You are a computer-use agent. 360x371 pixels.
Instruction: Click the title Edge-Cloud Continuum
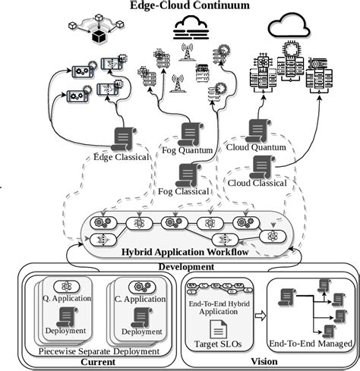point(180,6)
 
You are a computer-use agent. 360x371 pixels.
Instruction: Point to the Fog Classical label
point(182,191)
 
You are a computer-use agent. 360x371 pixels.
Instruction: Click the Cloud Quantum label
point(257,148)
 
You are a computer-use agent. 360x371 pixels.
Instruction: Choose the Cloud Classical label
point(258,183)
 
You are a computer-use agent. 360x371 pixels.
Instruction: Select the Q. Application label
point(67,298)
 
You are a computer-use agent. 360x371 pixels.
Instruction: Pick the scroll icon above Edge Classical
point(122,138)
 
